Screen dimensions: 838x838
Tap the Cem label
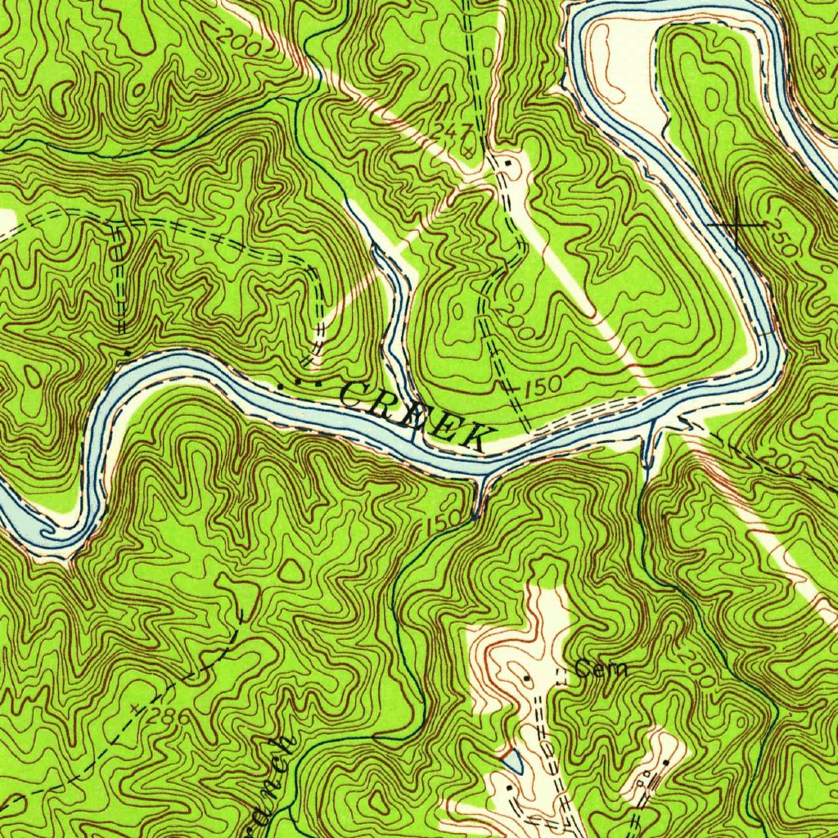[601, 669]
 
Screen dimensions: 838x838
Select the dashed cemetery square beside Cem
[561, 675]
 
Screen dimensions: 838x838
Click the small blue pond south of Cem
[512, 761]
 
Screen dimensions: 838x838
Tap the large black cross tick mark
[737, 223]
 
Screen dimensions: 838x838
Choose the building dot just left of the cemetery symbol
[526, 678]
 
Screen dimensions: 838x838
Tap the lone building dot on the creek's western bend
[128, 354]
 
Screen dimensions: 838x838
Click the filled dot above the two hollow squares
[664, 763]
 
